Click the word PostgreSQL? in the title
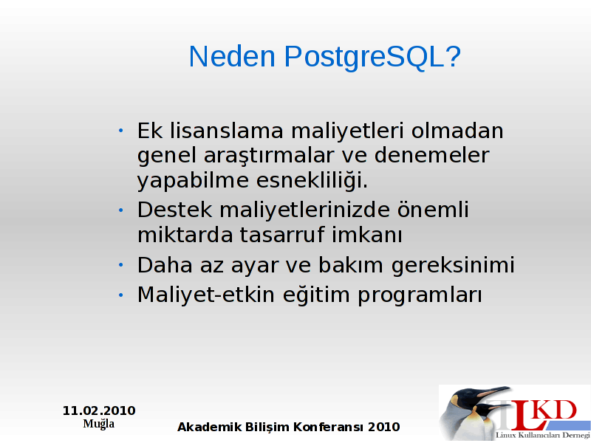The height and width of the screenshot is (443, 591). coord(372,57)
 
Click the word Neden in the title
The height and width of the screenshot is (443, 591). coord(232,56)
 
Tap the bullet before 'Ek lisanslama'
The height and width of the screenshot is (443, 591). coord(120,131)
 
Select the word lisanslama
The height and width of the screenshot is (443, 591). coord(227,131)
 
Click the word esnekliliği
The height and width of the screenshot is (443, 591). coord(312,179)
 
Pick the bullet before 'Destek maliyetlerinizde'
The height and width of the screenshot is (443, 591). coord(120,210)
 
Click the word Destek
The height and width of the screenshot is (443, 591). coord(174,210)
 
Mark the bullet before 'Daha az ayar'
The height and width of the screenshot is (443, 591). coord(120,265)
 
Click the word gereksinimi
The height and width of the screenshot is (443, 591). coord(453,266)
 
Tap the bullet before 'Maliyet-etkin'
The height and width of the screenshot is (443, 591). coord(120,295)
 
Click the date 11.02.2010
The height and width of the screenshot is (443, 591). coord(99,411)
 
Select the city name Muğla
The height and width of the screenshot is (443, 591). coord(99,424)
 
